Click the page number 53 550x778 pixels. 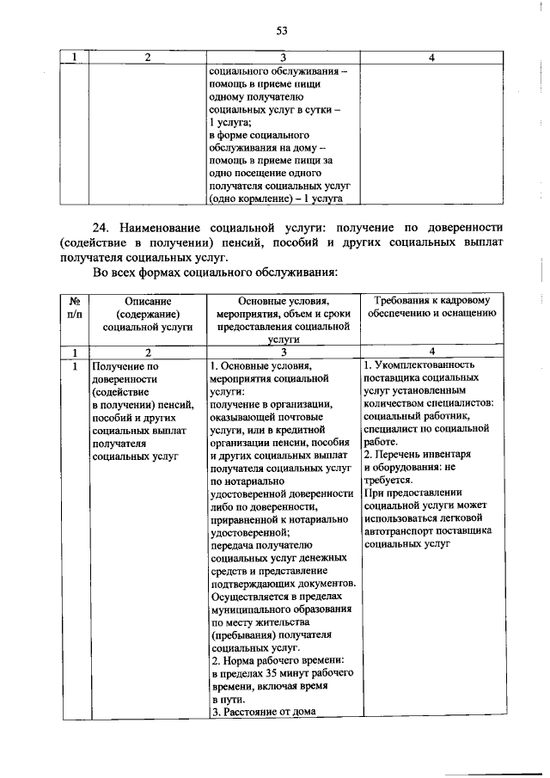(280, 31)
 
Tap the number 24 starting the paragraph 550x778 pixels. (100, 228)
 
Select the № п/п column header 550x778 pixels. (74, 307)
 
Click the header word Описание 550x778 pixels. (148, 301)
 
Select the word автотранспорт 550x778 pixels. (400, 531)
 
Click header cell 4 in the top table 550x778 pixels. (431, 58)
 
